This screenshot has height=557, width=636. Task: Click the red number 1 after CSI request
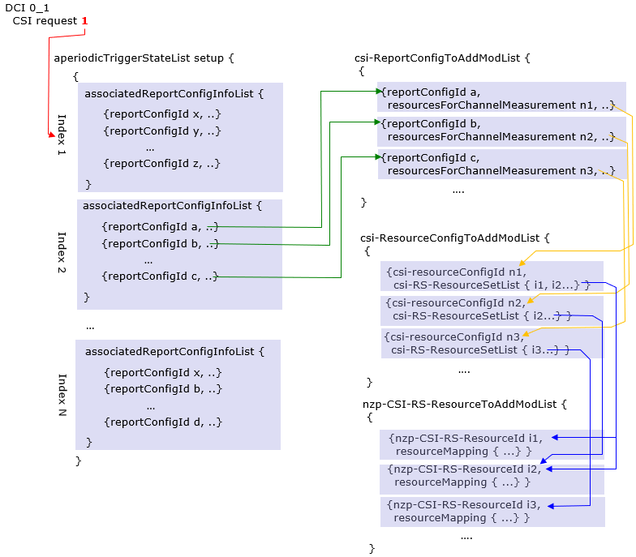point(84,20)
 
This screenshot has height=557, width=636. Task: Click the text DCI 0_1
point(27,8)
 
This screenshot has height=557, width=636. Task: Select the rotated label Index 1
point(62,135)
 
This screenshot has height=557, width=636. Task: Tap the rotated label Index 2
point(62,252)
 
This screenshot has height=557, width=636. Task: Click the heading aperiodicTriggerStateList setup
point(144,58)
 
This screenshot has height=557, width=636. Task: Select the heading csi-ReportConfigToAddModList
point(442,58)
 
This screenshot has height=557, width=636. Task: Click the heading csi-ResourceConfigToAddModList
point(455,238)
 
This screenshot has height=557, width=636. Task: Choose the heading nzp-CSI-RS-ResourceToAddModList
point(464,403)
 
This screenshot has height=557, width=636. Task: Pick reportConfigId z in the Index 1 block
point(161,163)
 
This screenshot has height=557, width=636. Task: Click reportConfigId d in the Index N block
point(162,422)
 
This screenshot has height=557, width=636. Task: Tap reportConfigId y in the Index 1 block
point(161,131)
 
